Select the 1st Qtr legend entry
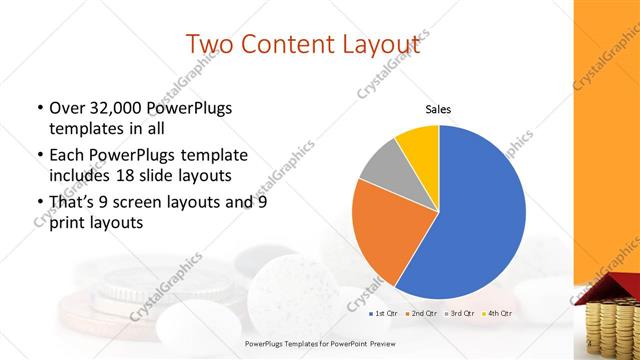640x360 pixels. pyautogui.click(x=386, y=313)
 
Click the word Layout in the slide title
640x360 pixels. pyautogui.click(x=379, y=44)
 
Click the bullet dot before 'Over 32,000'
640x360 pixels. pyautogui.click(x=40, y=108)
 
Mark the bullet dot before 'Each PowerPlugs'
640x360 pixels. pyautogui.click(x=40, y=155)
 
